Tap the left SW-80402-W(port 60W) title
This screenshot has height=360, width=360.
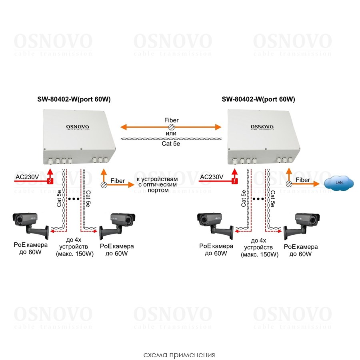tap(71, 99)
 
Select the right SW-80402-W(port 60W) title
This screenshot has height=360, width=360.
tap(258, 99)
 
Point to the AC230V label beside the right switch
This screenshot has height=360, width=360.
tap(211, 177)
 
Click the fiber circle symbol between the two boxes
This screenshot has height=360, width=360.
tap(171, 127)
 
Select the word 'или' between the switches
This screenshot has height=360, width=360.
tap(171, 133)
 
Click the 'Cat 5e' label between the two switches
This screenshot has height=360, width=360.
tap(171, 146)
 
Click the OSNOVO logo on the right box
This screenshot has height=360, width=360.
tap(262, 127)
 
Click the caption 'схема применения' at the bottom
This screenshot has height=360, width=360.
tap(180, 355)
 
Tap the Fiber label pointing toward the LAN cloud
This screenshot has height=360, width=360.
tap(302, 180)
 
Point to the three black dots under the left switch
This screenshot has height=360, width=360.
tap(74, 199)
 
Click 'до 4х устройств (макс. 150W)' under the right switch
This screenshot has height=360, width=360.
tap(259, 247)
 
